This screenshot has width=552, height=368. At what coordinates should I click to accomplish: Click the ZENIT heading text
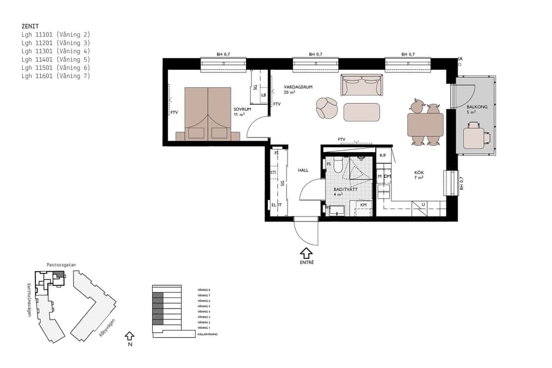point(30,27)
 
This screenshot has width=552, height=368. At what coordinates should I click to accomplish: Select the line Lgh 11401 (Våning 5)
point(55,59)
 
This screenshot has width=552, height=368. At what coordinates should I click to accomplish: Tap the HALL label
point(303,170)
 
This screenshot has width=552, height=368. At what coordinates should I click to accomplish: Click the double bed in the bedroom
point(208,113)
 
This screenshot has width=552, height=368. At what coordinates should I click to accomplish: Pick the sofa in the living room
point(362,85)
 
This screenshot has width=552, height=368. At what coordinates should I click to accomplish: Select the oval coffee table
point(362,112)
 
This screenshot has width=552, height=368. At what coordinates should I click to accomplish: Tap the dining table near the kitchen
point(425,125)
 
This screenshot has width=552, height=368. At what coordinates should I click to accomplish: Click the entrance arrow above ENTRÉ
point(306,251)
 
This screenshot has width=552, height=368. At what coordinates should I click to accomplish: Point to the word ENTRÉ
point(306,263)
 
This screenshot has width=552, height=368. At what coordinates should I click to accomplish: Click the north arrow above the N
point(129,335)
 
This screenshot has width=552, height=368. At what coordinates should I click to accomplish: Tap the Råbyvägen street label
point(107,330)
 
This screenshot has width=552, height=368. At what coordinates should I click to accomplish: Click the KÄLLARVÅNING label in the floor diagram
point(207,334)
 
